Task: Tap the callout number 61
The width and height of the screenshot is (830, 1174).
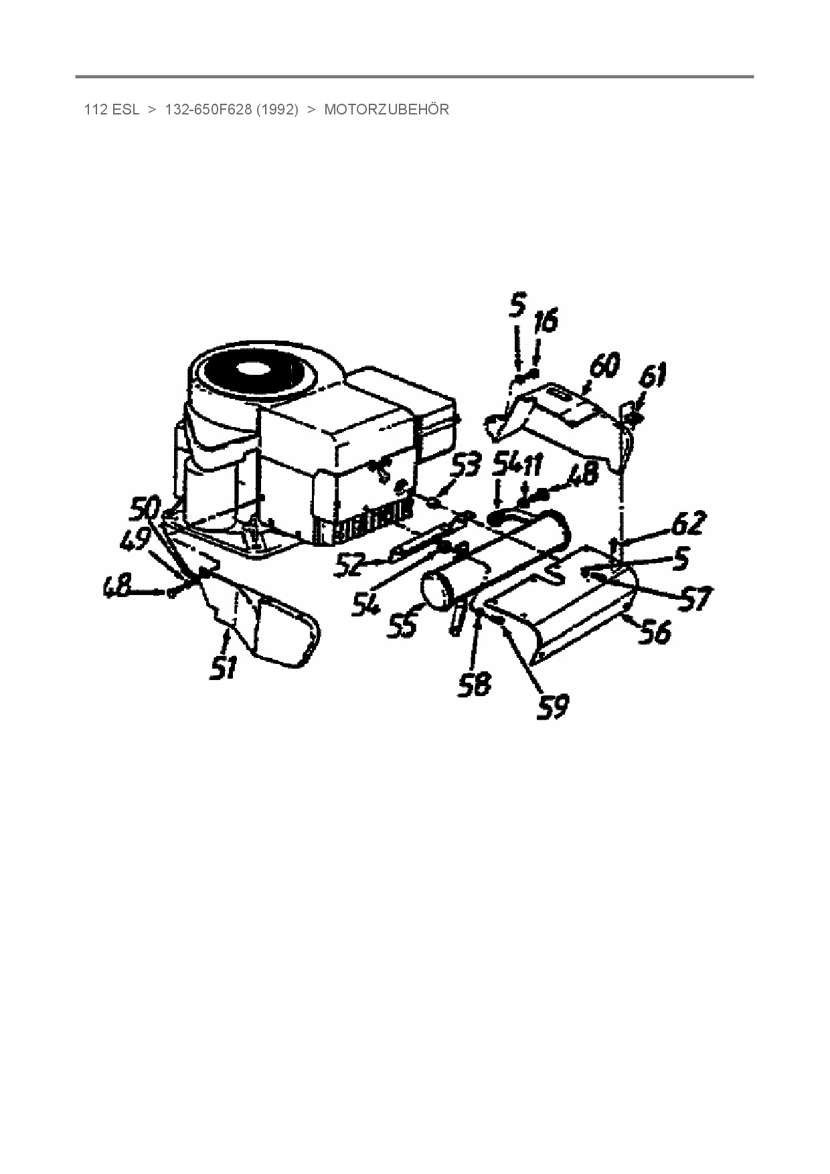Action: pyautogui.click(x=652, y=375)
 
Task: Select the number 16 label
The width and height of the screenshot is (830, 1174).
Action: pyautogui.click(x=545, y=322)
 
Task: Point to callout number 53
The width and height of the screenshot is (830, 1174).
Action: pyautogui.click(x=465, y=466)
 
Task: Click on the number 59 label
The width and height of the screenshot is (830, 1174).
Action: pyautogui.click(x=553, y=707)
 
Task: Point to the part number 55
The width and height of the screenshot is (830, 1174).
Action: pyautogui.click(x=402, y=624)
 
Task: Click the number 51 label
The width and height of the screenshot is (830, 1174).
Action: pyautogui.click(x=224, y=667)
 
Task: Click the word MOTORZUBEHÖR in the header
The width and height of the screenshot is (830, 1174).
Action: pyautogui.click(x=386, y=110)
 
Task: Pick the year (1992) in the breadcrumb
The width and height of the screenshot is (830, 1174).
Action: pyautogui.click(x=276, y=110)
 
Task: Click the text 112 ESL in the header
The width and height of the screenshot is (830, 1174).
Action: pyautogui.click(x=111, y=110)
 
